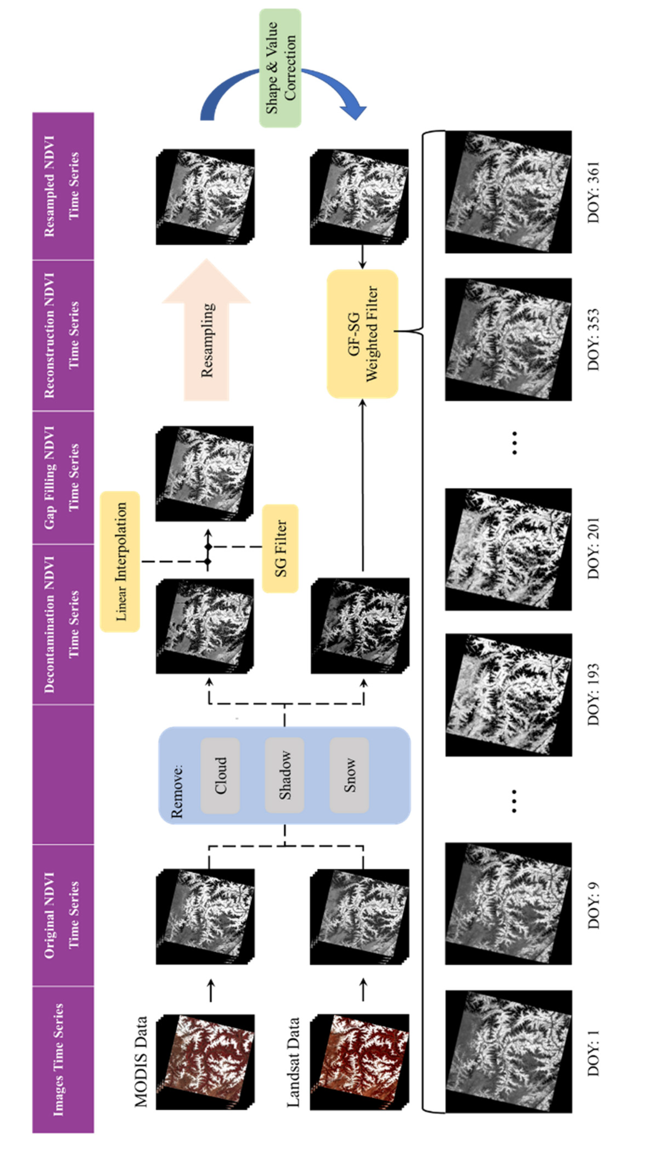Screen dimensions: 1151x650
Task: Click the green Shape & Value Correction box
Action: click(x=280, y=68)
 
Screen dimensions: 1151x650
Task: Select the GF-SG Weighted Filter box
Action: click(x=362, y=334)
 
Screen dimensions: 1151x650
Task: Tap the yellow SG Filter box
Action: click(x=280, y=548)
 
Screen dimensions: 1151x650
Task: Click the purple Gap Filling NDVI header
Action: click(x=63, y=477)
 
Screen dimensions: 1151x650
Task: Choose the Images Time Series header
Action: click(x=63, y=1059)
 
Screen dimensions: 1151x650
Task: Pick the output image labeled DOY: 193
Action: click(x=508, y=695)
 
